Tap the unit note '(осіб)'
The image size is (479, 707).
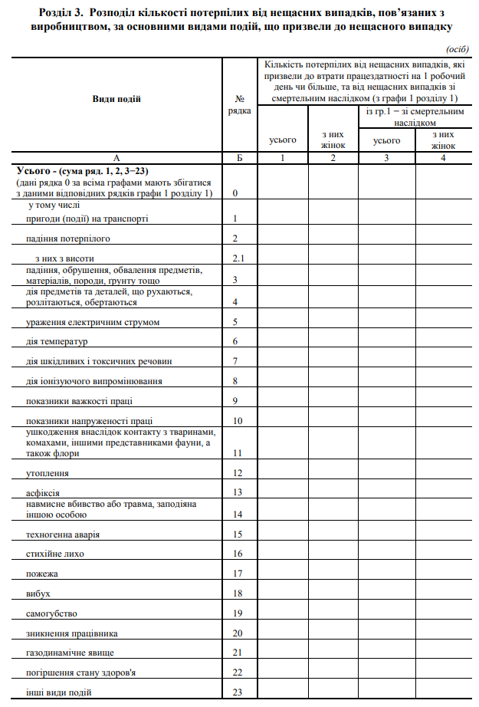coord(457,48)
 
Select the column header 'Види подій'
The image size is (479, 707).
coord(116,99)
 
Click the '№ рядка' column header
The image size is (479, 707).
coord(239,104)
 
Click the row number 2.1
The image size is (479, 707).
coord(239,258)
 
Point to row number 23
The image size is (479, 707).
coord(238,693)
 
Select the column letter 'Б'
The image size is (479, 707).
coord(239,158)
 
